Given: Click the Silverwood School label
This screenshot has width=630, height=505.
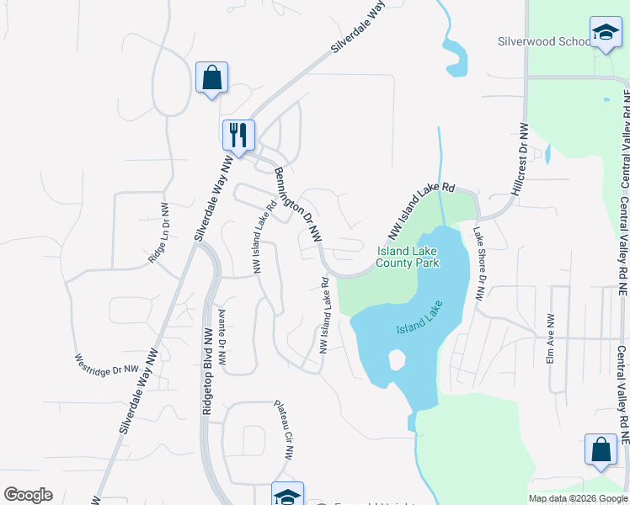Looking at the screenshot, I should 543,41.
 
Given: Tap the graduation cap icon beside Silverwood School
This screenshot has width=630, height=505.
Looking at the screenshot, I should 605,33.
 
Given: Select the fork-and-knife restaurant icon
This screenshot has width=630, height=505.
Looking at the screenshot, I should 238,135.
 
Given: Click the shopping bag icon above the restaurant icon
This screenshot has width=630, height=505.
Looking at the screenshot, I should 211,78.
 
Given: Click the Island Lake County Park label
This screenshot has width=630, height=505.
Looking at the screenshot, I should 408,257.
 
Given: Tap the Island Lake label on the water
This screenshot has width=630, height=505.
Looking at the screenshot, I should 419,319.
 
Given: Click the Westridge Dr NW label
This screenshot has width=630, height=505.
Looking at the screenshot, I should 106,363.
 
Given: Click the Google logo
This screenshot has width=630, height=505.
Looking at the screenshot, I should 28,495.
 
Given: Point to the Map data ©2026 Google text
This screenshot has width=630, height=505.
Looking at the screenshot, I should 577,498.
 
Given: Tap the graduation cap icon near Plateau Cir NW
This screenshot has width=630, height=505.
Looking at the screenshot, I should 286,495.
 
